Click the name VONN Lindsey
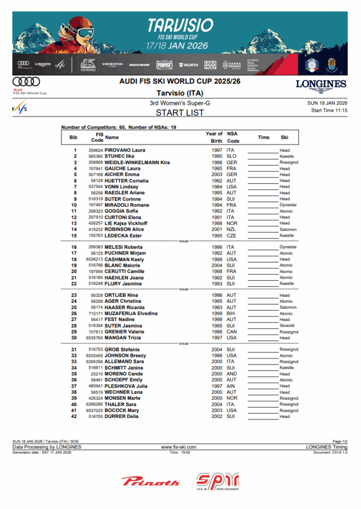tap(118, 187)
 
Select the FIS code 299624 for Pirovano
tap(95, 150)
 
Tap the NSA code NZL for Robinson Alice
tap(231, 230)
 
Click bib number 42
tap(74, 417)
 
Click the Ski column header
tap(284, 137)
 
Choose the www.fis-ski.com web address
tap(179, 447)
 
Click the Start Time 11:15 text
tap(329, 110)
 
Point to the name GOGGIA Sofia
tap(121, 211)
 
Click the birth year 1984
tap(217, 187)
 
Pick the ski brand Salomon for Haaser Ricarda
tap(287, 308)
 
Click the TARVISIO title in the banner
tap(180, 25)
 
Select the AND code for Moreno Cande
tap(232, 374)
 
